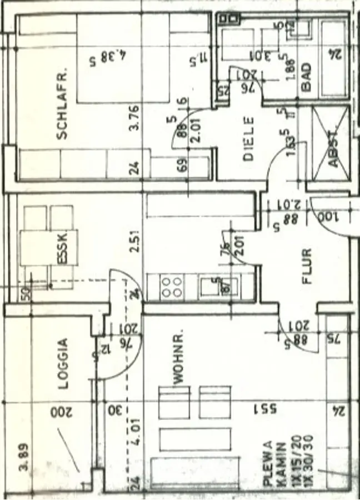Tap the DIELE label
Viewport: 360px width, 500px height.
[248, 138]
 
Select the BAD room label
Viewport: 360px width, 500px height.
[306, 77]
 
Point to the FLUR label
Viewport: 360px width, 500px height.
[307, 266]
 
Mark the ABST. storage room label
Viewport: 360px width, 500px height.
[333, 148]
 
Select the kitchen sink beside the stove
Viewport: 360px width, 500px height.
[212, 287]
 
